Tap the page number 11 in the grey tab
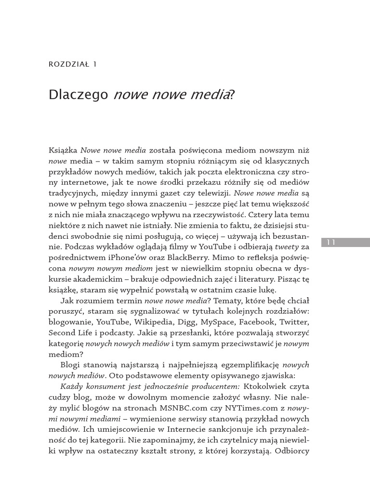click(x=331, y=242)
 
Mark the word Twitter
click(x=294, y=322)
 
